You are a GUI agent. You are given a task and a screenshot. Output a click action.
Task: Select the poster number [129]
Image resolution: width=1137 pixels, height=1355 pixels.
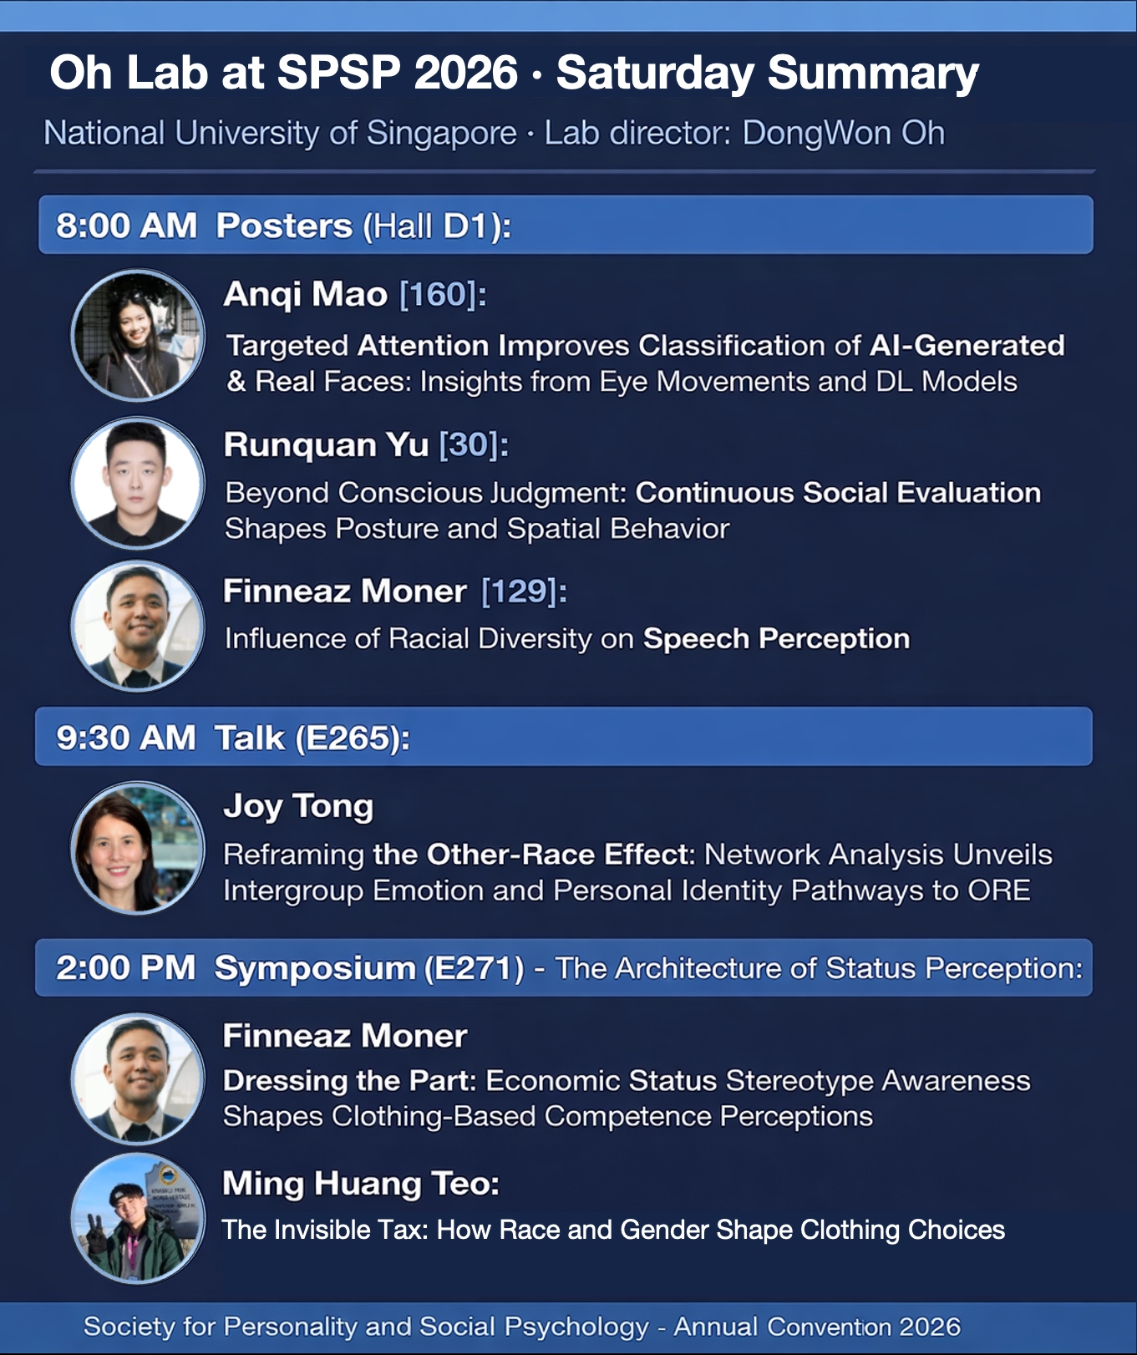[519, 591]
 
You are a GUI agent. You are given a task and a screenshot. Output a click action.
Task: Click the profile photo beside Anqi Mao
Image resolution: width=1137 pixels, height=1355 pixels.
[138, 336]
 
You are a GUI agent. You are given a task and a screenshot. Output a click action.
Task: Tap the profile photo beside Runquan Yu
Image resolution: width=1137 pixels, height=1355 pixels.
[138, 483]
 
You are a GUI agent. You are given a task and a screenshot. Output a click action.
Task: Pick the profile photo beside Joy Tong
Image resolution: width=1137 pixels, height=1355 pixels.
[138, 848]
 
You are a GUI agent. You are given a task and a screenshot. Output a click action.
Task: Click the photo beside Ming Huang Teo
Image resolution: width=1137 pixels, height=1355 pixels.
[138, 1218]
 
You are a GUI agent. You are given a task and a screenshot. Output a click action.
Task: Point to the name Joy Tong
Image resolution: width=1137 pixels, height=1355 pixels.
[298, 807]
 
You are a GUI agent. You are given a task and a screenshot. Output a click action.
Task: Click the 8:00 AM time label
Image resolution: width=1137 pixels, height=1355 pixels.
[126, 226]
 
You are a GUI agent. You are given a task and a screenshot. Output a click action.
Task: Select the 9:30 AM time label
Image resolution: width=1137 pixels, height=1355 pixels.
[126, 738]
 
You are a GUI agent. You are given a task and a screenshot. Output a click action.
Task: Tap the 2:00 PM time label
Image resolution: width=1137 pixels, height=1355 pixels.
[125, 967]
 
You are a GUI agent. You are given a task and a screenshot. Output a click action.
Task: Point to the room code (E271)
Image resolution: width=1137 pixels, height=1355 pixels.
[475, 968]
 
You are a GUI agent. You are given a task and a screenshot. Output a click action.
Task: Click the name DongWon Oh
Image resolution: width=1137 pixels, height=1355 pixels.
[844, 133]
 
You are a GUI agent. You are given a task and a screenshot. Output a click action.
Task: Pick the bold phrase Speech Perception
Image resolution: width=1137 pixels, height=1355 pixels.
[776, 639]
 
